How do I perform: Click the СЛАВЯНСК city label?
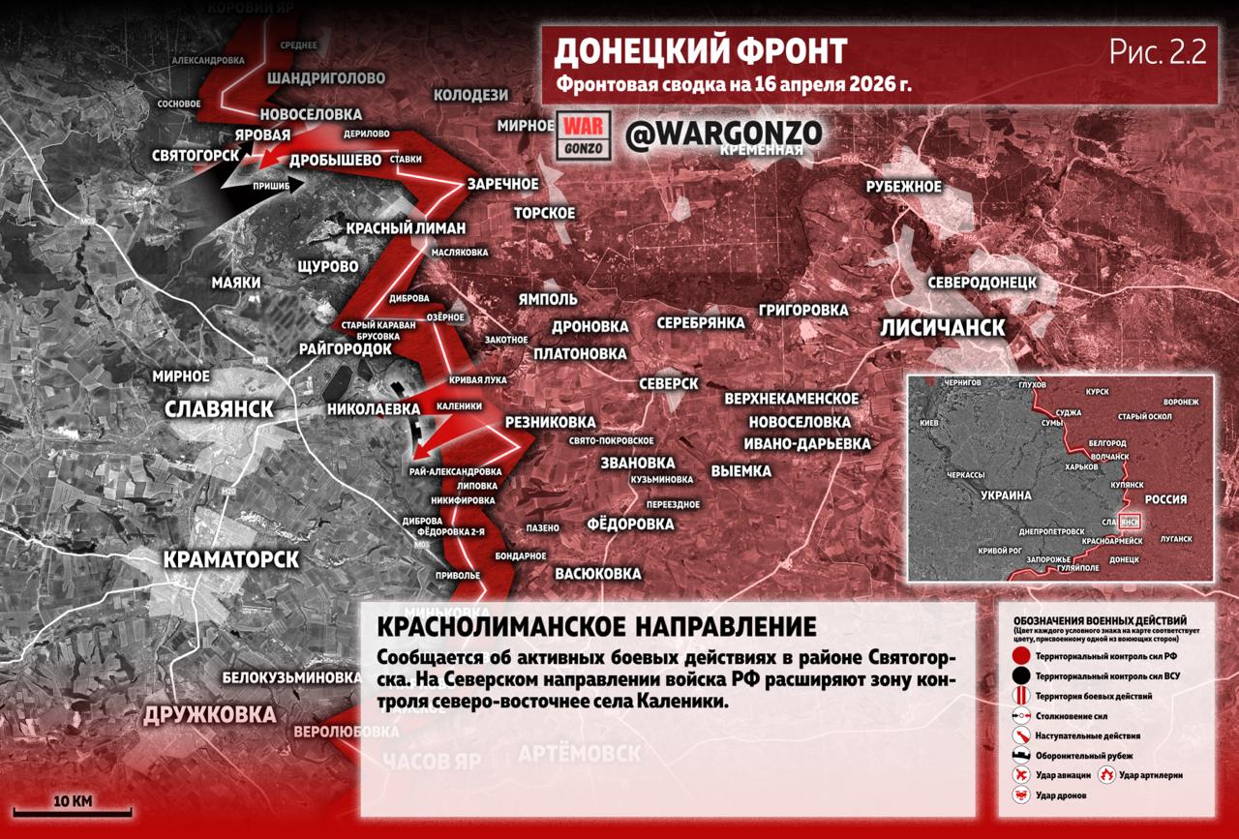[x=219, y=408]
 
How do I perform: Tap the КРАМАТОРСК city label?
[x=231, y=559]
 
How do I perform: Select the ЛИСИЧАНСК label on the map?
[x=942, y=327]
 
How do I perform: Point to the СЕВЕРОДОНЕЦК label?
[x=982, y=283]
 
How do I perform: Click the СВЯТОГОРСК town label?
[x=196, y=155]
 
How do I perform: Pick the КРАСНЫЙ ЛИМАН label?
[x=406, y=228]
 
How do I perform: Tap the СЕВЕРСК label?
[x=668, y=384]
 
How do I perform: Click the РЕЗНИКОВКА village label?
[x=550, y=424]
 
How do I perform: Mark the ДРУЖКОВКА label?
[x=209, y=715]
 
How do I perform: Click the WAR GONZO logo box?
[x=583, y=135]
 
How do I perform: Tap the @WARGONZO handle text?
[x=723, y=135]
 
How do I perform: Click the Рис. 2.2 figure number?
[x=1158, y=52]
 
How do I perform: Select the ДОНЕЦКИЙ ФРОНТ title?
[x=701, y=50]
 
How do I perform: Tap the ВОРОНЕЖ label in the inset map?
[x=1181, y=402]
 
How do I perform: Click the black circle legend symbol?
[x=1020, y=675]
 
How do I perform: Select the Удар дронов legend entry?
[x=1061, y=795]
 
